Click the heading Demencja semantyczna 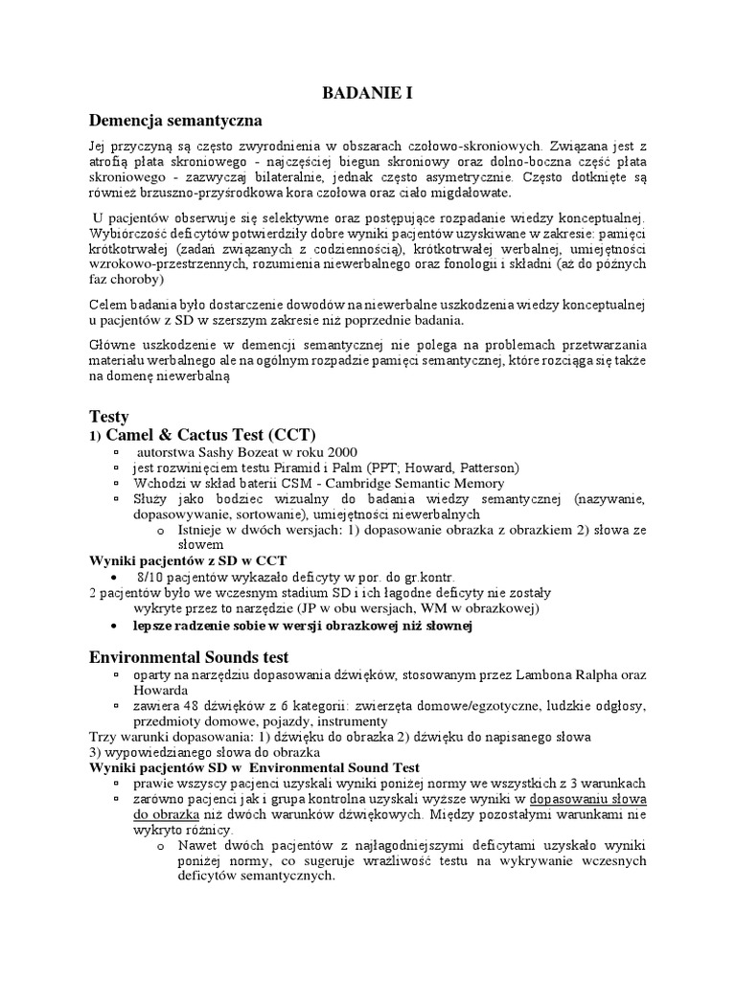pyautogui.click(x=175, y=122)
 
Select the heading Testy pyautogui.click(x=108, y=417)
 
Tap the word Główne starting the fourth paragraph pyautogui.click(x=113, y=345)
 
